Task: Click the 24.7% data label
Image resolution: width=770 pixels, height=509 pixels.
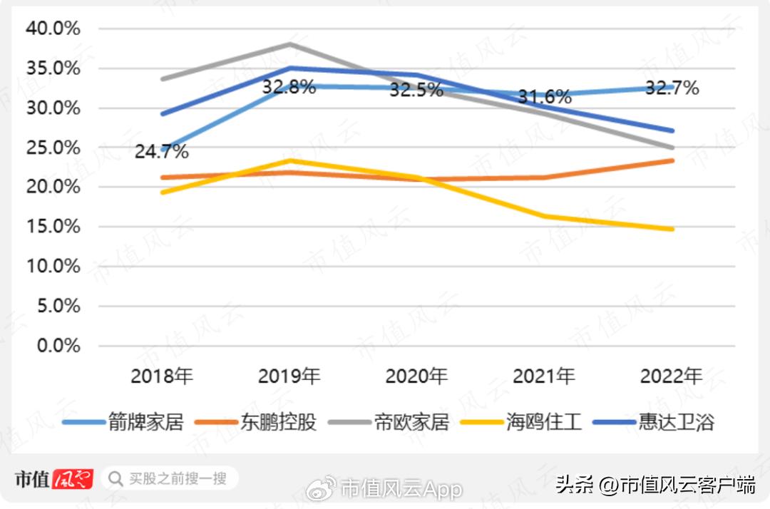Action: pos(162,152)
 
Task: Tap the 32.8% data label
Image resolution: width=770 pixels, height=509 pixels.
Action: pos(289,88)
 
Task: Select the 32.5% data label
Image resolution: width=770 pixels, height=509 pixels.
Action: pos(416,91)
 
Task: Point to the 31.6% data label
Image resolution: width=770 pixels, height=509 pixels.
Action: pos(544,96)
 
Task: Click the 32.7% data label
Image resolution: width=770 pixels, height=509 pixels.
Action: pos(672,88)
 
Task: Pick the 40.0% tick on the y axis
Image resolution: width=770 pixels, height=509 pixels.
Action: pos(53,29)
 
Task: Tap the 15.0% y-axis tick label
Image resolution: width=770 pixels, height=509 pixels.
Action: pos(53,227)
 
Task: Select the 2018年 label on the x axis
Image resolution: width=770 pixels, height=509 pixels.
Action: pos(162,376)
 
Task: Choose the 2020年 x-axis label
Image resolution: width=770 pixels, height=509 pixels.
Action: pos(416,376)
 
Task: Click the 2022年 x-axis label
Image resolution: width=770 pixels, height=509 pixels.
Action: pos(672,376)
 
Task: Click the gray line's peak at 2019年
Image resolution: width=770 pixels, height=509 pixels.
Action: pos(290,44)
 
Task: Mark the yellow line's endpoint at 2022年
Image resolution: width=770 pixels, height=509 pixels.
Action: pos(672,229)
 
